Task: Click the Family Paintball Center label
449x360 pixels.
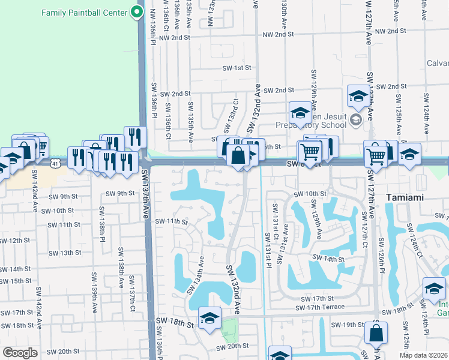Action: (85, 13)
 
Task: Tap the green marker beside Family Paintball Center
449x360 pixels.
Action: (137, 12)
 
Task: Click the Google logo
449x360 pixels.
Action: (20, 353)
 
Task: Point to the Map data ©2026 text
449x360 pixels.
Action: (423, 355)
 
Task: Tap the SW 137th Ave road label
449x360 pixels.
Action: (146, 196)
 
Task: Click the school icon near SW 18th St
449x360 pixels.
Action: (209, 318)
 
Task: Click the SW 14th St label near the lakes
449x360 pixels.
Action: (328, 259)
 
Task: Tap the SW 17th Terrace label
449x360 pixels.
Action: (320, 307)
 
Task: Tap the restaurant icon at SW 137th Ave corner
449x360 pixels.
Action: (135, 137)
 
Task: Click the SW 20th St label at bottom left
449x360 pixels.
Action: (63, 352)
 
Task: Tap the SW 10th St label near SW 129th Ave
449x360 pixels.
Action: (310, 194)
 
